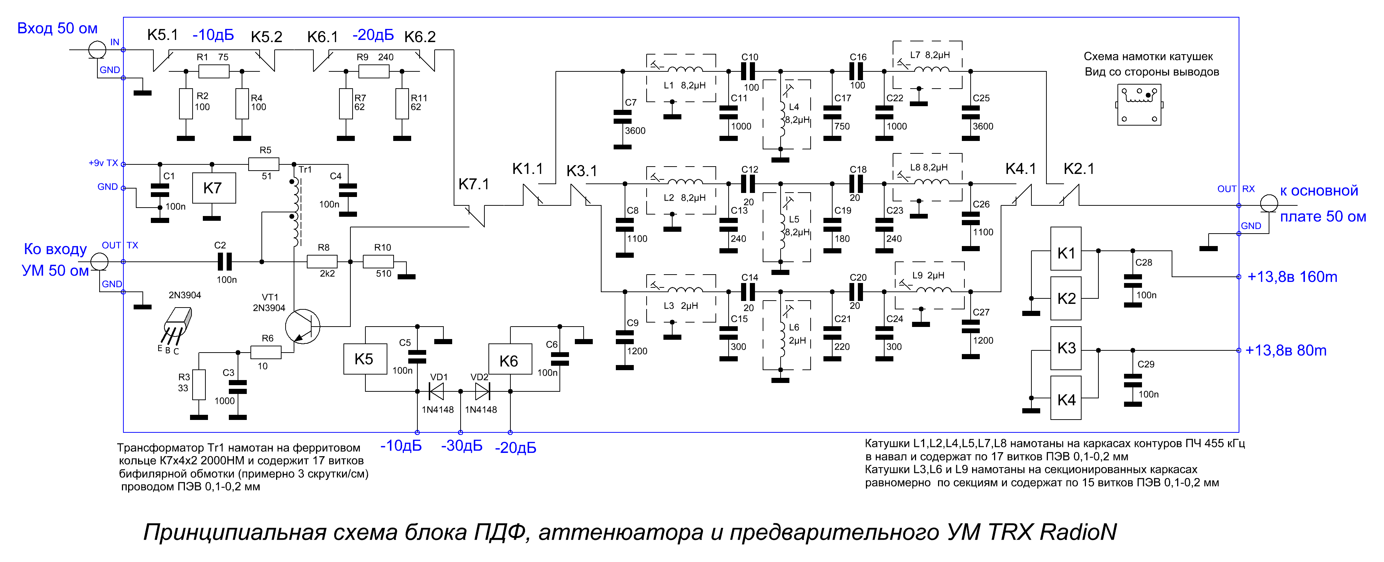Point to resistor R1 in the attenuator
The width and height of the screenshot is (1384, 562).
214,71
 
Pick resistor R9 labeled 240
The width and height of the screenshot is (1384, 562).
374,71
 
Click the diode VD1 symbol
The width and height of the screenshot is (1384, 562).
436,391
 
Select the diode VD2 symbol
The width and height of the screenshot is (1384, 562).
483,391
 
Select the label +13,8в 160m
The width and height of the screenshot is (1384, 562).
1292,277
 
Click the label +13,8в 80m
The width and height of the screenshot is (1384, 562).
1286,350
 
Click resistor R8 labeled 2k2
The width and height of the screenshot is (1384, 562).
322,262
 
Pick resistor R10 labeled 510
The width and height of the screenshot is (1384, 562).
378,262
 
